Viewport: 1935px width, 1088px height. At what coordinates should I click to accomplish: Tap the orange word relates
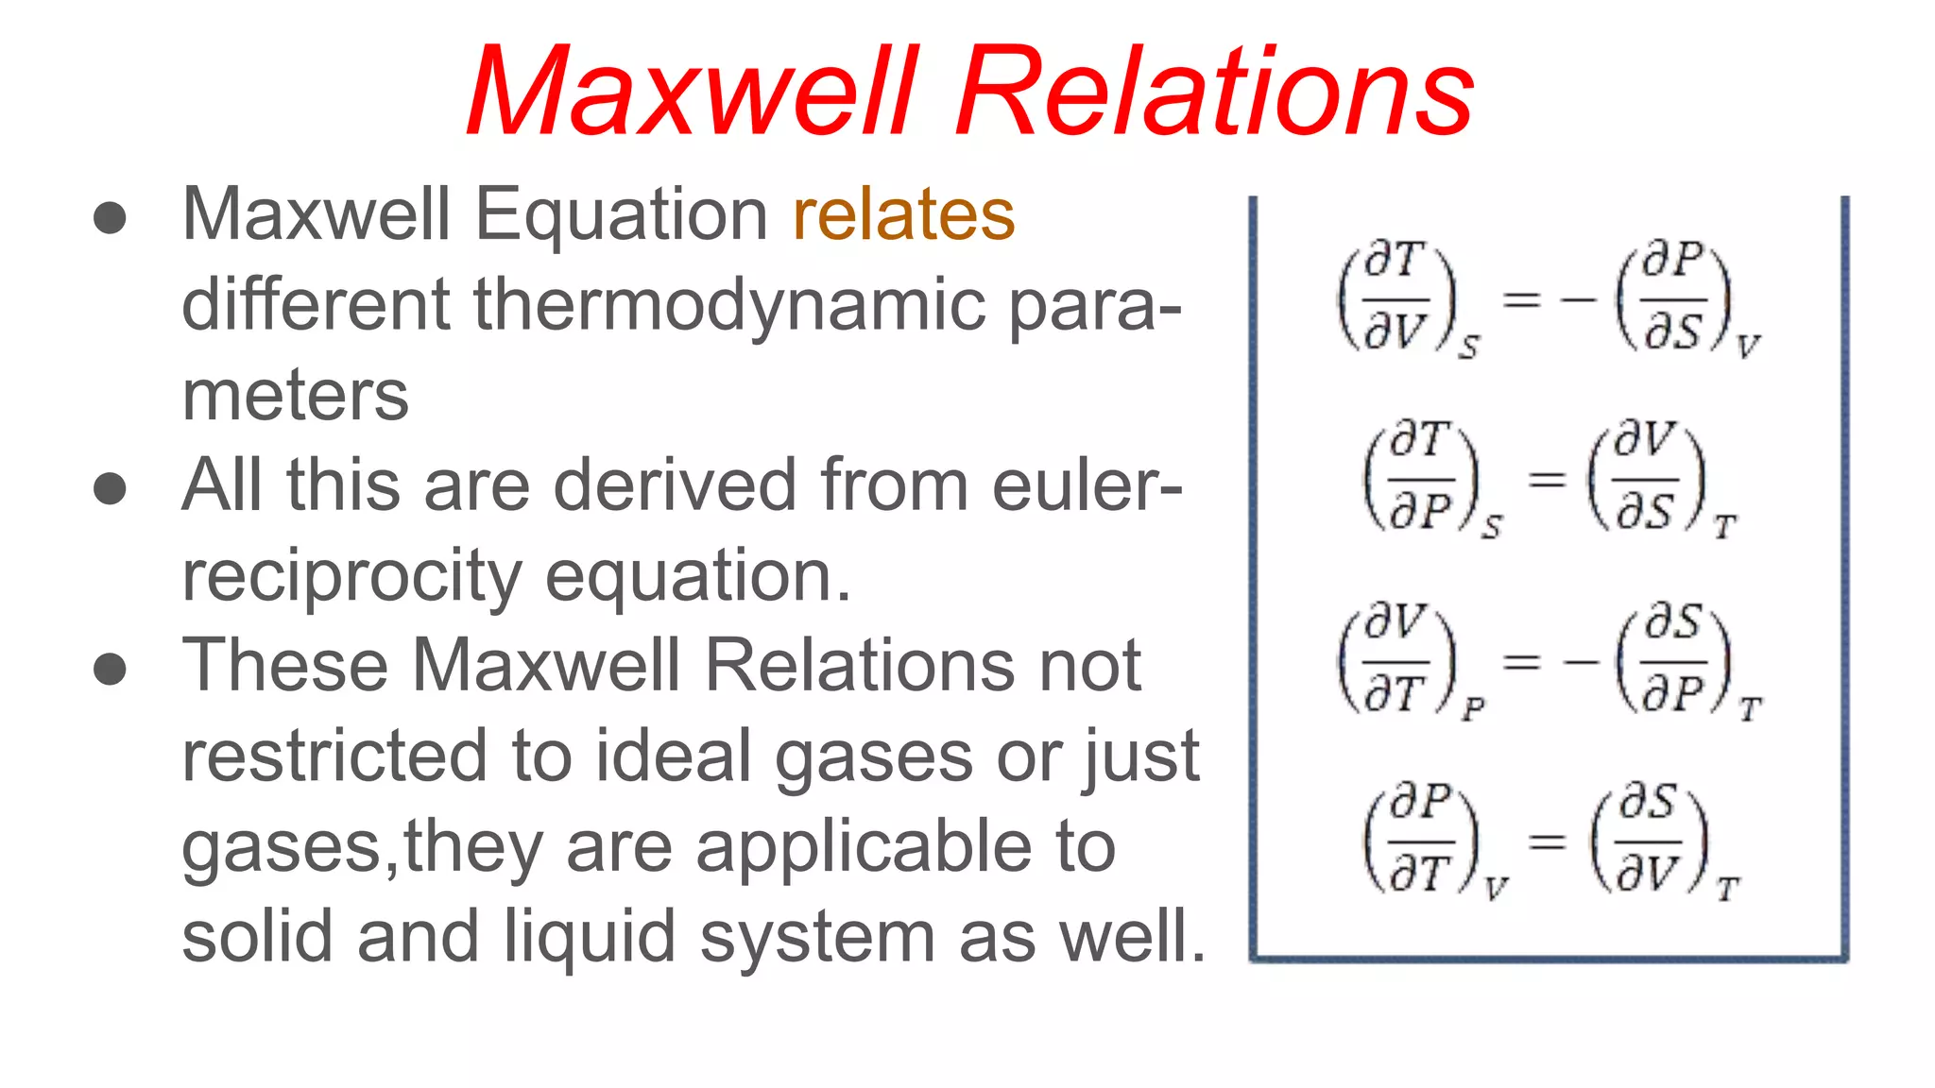pos(903,215)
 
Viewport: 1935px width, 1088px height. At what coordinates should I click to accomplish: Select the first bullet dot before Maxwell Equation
pos(111,217)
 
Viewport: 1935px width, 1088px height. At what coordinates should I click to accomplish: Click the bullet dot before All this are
pos(111,488)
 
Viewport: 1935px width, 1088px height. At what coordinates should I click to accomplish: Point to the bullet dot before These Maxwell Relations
pos(111,669)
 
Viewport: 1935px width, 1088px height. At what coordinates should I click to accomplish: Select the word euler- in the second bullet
pos(1087,485)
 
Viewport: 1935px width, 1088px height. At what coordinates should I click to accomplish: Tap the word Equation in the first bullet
pos(621,215)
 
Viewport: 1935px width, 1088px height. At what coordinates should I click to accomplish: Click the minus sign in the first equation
pos(1579,300)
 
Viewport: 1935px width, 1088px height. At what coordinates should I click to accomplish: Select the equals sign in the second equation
pos(1547,480)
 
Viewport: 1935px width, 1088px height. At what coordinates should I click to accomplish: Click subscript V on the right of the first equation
pos(1747,348)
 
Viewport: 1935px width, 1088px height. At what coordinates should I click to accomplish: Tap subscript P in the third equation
pos(1473,709)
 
